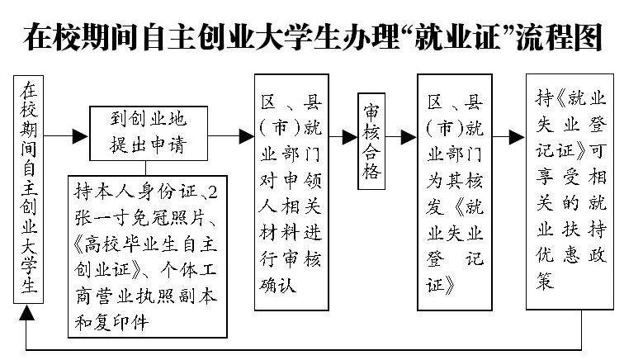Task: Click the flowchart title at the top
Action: [312, 37]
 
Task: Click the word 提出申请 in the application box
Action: [149, 146]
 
